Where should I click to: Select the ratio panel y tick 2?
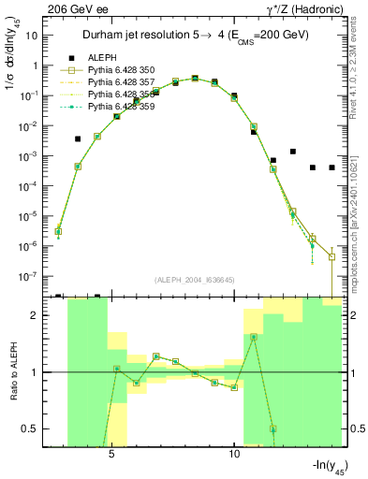coord(37,315)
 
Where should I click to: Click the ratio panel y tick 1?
coord(37,372)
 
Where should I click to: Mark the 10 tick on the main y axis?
coord(33,36)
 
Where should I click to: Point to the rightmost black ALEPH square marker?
coord(332,167)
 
